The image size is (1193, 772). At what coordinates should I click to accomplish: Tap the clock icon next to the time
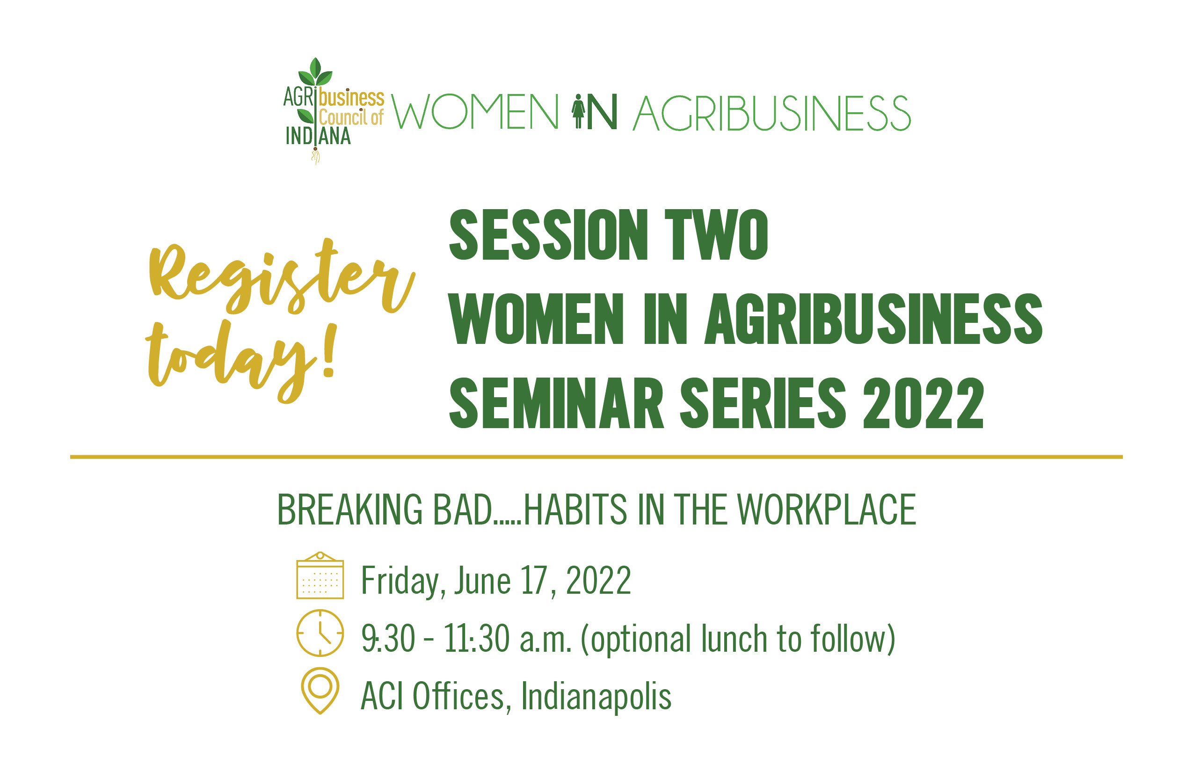tap(320, 633)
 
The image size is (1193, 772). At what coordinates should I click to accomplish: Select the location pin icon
tap(320, 691)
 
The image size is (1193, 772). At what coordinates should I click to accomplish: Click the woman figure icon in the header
tap(578, 111)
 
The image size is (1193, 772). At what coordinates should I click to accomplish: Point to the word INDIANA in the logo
tap(318, 136)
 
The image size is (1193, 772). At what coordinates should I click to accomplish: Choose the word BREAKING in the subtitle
tap(350, 510)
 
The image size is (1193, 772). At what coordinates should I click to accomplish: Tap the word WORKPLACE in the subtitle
tap(827, 510)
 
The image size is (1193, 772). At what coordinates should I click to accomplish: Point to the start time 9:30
tap(388, 638)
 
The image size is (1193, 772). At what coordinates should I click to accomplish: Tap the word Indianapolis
tap(596, 697)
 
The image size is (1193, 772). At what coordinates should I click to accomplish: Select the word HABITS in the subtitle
tap(575, 510)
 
